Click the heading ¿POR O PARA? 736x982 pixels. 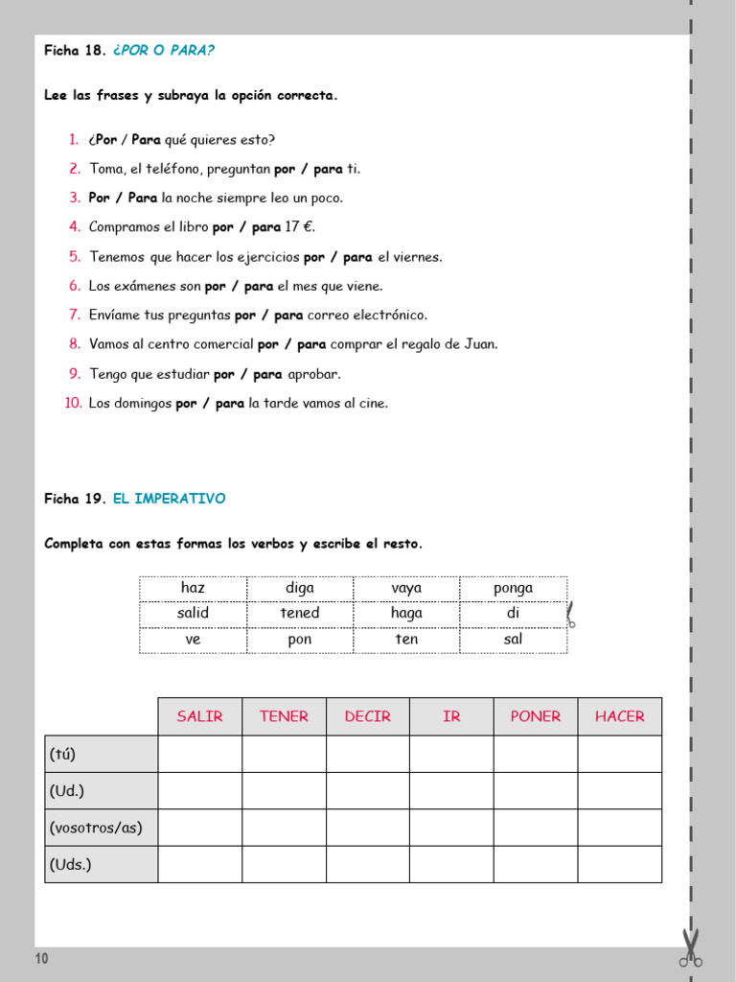click(x=163, y=51)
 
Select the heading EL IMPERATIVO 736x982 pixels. click(x=169, y=499)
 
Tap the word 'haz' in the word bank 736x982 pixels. click(x=193, y=588)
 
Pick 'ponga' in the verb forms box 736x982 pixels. click(x=513, y=588)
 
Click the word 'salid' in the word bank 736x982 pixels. click(x=193, y=613)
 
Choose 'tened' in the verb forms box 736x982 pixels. click(x=300, y=613)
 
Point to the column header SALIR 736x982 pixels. click(x=199, y=716)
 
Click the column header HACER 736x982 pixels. click(x=619, y=716)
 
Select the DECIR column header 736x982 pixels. click(x=367, y=716)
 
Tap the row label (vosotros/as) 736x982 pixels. click(x=96, y=828)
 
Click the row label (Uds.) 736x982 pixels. click(x=71, y=864)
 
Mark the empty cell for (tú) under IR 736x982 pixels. click(x=451, y=754)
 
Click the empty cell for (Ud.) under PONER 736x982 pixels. click(x=535, y=791)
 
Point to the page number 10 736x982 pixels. click(x=42, y=959)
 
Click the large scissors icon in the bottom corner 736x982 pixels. click(x=690, y=947)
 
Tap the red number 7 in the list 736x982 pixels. click(x=75, y=315)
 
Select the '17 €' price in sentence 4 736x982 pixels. click(x=300, y=227)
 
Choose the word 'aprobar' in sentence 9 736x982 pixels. click(x=313, y=374)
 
